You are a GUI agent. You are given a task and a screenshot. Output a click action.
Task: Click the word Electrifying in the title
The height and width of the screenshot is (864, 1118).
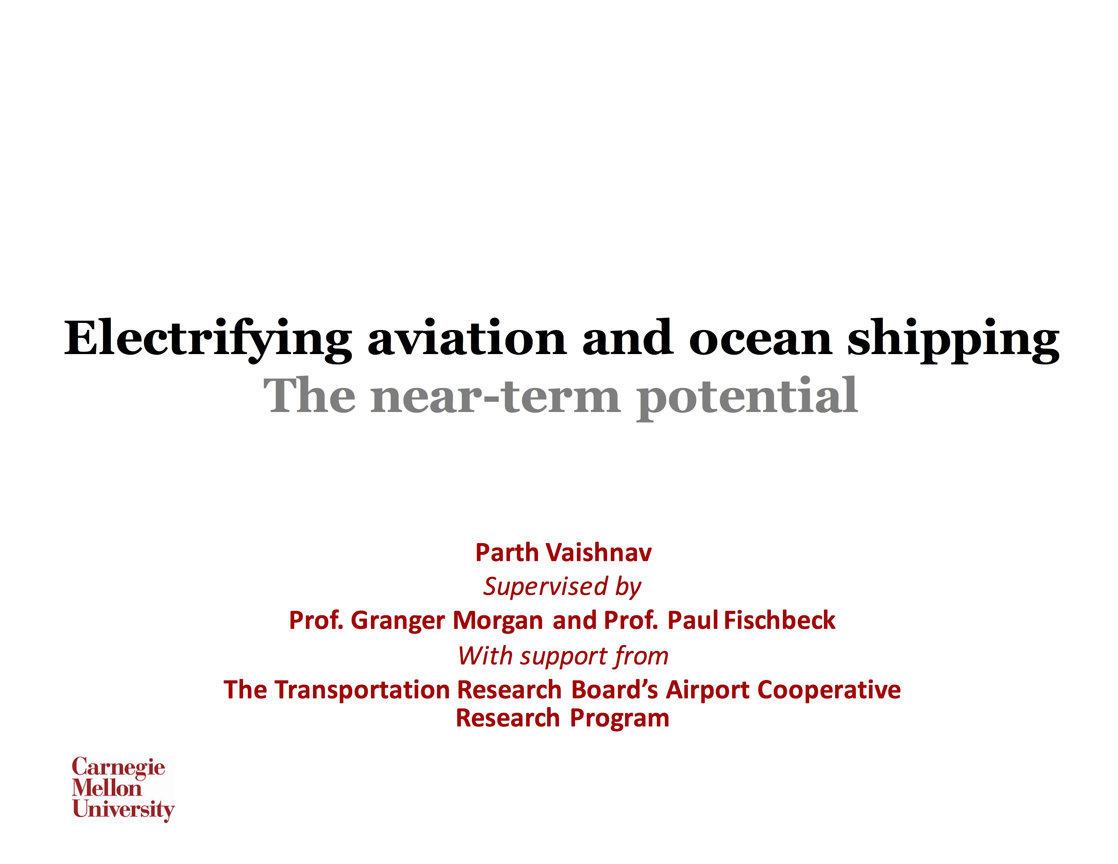[208, 340]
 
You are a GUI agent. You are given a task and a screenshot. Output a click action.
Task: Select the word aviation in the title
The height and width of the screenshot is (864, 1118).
[467, 337]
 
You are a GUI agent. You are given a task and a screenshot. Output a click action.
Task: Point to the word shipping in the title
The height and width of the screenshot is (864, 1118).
[953, 340]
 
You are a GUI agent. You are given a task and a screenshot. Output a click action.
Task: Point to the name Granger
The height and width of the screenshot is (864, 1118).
[398, 621]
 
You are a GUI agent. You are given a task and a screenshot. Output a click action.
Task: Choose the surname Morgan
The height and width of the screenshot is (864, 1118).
[498, 621]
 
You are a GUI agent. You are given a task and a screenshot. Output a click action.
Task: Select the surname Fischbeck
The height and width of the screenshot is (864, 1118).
[780, 620]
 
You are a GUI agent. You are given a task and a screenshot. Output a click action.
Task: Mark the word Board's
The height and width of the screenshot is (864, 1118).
[614, 690]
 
